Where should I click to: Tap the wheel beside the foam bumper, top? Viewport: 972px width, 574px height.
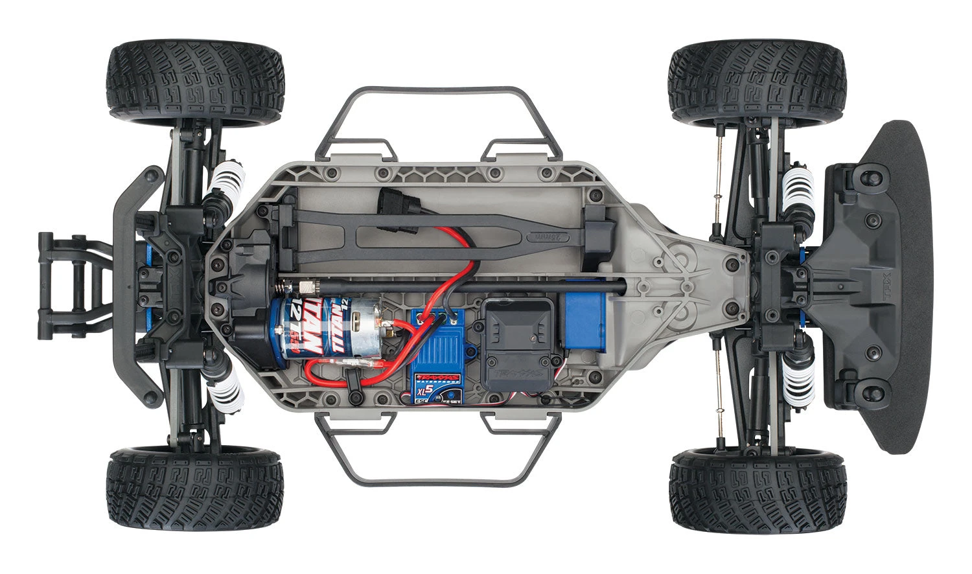click(x=756, y=82)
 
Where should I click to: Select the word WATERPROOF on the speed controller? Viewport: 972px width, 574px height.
click(x=438, y=382)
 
